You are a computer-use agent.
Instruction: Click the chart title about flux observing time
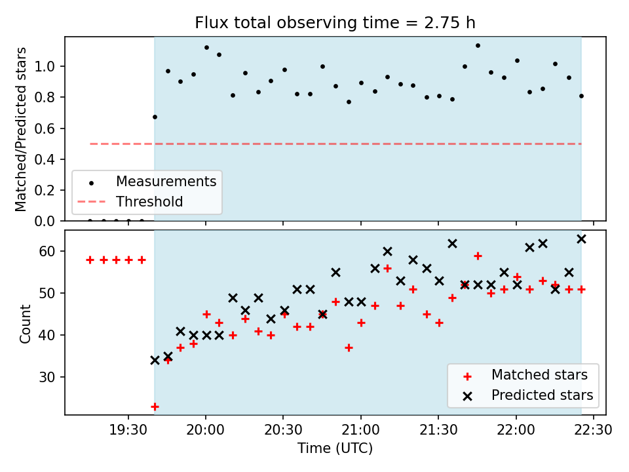point(335,23)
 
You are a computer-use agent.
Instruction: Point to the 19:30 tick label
point(128,430)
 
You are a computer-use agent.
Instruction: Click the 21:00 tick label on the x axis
point(360,430)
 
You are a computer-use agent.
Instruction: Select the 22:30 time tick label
point(594,430)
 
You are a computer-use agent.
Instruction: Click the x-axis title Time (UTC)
point(335,448)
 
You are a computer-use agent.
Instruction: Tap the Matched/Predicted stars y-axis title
point(21,129)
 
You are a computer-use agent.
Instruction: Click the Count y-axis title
point(25,323)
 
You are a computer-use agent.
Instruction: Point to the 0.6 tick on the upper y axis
point(45,128)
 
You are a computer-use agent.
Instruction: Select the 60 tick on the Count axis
point(47,251)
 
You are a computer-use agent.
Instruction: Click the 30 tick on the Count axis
point(47,377)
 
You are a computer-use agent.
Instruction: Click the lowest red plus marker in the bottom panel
point(155,407)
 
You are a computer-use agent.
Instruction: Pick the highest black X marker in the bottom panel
point(581,239)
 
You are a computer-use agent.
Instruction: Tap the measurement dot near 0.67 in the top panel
point(155,117)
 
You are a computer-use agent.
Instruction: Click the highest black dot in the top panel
point(478,46)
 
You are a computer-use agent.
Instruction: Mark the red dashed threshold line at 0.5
point(335,144)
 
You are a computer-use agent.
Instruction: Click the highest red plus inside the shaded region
point(478,256)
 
